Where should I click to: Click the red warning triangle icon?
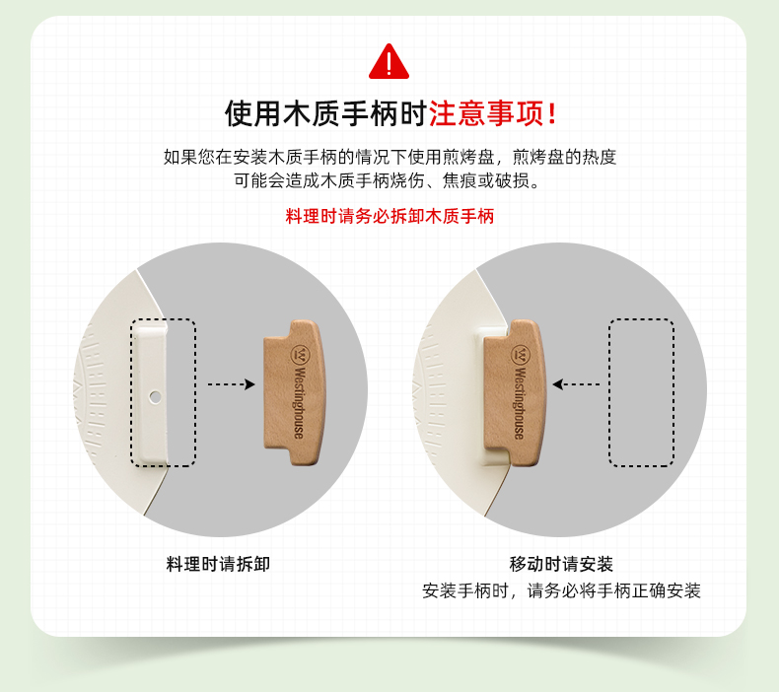pos(389,61)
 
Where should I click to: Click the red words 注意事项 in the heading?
pos(486,113)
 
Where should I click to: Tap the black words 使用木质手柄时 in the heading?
pos(326,113)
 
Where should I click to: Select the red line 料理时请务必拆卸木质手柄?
pos(389,216)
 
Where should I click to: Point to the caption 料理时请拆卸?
pos(218,564)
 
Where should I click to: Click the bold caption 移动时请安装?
pos(561,564)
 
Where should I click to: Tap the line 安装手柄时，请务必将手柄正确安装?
pos(561,590)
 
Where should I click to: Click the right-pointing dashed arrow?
pos(231,384)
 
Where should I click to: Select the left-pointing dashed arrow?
pos(576,384)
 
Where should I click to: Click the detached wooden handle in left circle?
pos(294,392)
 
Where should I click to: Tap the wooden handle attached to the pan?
pos(515,392)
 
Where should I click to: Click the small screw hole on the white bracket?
pos(155,397)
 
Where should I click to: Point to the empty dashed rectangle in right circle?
pos(641,392)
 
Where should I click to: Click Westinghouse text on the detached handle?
pos(299,402)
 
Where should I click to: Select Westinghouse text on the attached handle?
pos(520,402)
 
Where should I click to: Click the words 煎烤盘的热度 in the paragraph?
pos(564,157)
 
